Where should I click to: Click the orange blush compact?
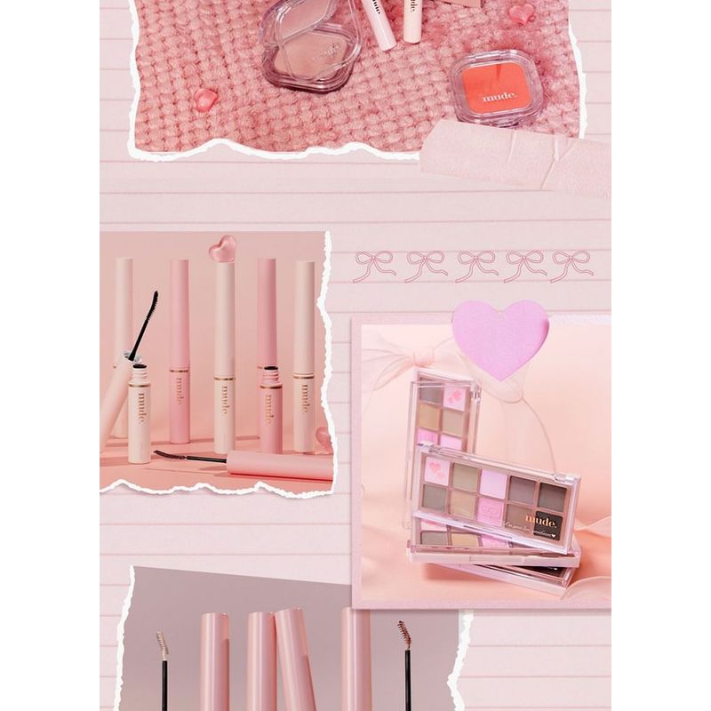click(x=496, y=87)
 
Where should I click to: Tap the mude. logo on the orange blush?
click(x=499, y=95)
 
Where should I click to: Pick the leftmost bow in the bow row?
click(x=373, y=266)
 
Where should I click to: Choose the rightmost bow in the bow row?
click(x=571, y=266)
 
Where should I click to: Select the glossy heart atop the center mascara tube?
click(x=222, y=248)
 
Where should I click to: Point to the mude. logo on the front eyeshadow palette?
click(x=540, y=520)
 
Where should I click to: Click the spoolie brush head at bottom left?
click(x=162, y=644)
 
